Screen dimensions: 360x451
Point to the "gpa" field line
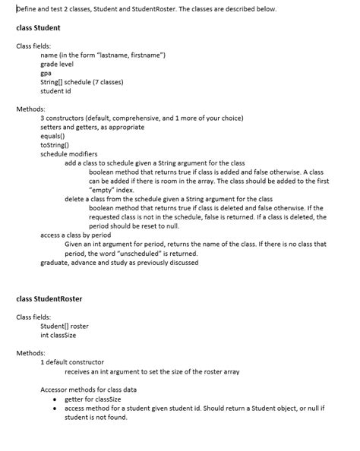tap(46, 73)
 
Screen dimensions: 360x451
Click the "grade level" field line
tap(57, 65)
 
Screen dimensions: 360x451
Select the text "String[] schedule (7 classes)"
tap(81, 82)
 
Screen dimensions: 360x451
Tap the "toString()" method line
tap(55, 144)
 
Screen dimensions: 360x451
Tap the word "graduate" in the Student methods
tap(55, 263)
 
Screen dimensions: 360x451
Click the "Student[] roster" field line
tap(64, 326)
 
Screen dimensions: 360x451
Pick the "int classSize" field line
tap(58, 335)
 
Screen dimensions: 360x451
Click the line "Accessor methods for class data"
tap(89, 389)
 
